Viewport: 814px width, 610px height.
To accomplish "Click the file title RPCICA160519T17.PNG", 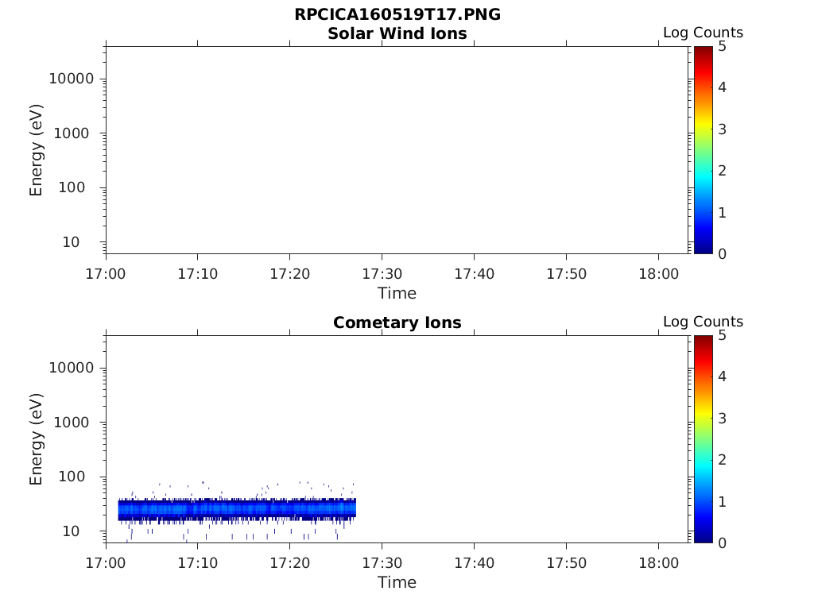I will click(x=397, y=15).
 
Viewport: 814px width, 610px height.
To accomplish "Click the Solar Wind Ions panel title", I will click(x=397, y=33).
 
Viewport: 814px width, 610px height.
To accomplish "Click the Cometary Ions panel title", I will click(x=397, y=322).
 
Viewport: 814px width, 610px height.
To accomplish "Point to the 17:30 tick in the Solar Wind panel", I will click(x=382, y=273).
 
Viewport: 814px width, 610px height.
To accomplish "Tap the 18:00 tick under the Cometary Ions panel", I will click(x=658, y=562).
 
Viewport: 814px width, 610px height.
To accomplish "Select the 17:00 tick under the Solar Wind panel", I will click(x=106, y=273).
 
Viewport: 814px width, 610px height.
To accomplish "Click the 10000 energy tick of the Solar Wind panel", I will click(x=72, y=79).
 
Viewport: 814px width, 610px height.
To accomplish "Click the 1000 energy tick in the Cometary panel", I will click(x=78, y=423).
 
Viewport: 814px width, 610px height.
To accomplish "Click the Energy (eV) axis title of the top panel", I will click(x=37, y=150).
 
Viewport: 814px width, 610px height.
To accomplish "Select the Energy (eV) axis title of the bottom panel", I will click(x=37, y=439).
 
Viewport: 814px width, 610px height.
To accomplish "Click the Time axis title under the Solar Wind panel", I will click(x=397, y=293).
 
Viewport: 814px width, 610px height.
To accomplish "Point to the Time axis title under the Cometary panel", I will click(x=397, y=582).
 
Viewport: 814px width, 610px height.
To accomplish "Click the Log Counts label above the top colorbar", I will click(x=703, y=33).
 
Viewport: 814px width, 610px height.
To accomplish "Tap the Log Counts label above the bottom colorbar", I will click(x=703, y=322).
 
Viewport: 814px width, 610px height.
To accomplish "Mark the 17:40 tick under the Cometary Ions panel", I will click(x=474, y=562).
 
